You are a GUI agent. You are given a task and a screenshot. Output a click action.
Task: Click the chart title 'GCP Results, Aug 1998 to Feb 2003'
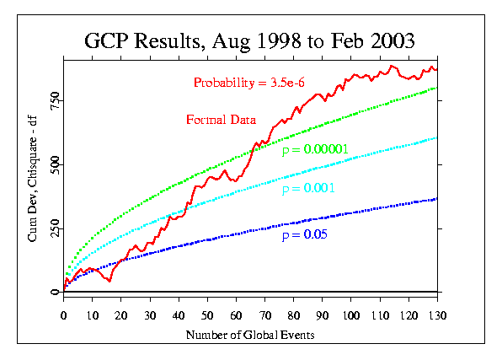[249, 41]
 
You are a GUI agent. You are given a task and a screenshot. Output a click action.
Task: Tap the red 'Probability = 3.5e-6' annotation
[249, 83]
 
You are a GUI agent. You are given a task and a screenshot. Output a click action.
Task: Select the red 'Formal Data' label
[222, 120]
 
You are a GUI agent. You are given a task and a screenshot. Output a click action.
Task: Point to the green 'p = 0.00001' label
[315, 149]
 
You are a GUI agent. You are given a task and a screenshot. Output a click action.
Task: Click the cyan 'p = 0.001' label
[308, 188]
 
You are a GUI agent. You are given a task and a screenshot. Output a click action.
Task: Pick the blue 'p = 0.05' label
[304, 234]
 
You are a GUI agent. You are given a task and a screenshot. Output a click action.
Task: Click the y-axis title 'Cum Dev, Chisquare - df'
[32, 179]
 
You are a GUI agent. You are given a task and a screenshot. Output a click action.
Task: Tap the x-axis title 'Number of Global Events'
[250, 335]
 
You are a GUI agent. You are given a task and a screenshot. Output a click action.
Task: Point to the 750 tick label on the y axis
[55, 100]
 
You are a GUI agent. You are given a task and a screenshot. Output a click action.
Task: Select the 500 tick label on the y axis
[55, 164]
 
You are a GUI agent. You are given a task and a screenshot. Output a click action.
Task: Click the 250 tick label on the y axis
[55, 228]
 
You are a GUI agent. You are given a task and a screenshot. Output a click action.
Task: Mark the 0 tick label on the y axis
[55, 292]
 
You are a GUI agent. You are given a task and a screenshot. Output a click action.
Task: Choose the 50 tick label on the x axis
[207, 316]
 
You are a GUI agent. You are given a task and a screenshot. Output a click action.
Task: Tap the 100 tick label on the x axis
[351, 316]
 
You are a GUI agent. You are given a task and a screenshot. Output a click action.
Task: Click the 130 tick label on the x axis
[437, 316]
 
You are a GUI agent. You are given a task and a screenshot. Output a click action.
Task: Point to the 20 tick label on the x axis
[121, 316]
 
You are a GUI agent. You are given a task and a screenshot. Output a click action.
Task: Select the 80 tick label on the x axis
[294, 316]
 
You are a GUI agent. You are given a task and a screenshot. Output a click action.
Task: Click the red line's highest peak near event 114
[391, 66]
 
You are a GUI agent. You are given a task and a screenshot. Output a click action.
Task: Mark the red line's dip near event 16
[109, 281]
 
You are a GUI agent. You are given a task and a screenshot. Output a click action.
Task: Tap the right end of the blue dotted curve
[437, 199]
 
